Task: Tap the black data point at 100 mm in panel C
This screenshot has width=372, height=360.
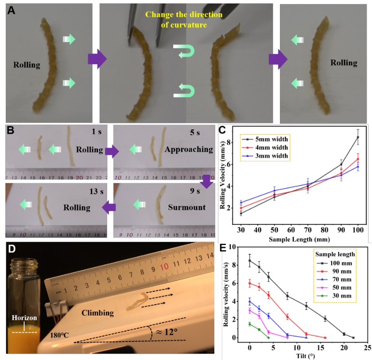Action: (x=358, y=137)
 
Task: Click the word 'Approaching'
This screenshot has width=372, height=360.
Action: (x=189, y=149)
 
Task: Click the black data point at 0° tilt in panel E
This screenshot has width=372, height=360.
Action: (x=250, y=261)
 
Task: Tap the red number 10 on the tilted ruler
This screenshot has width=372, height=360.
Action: (x=164, y=267)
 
